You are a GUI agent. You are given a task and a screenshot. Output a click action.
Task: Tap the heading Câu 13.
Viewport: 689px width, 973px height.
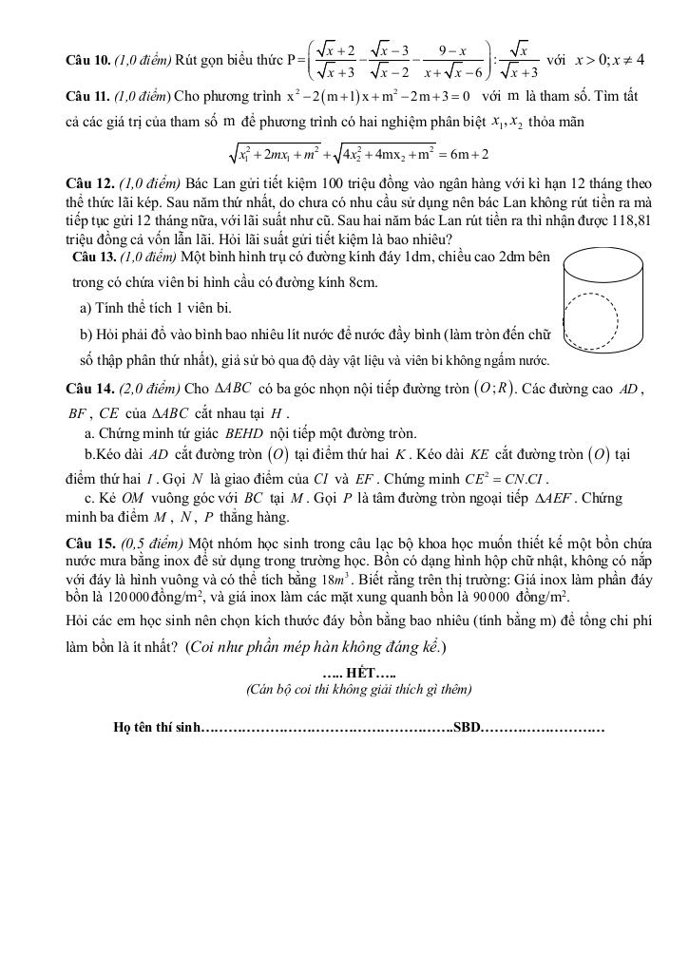[x=94, y=257]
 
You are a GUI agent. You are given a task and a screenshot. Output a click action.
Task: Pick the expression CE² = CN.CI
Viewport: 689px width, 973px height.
[x=507, y=478]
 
